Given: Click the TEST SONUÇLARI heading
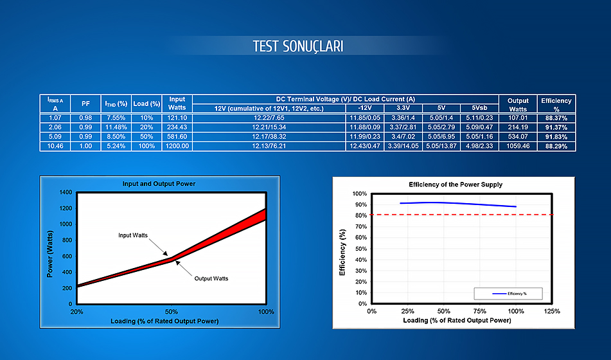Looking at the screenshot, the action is [298, 46].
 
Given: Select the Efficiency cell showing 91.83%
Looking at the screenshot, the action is [556, 136].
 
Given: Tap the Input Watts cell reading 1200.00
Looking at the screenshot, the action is [177, 146].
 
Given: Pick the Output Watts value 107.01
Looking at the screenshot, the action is [517, 118].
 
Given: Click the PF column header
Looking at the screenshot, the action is [85, 104].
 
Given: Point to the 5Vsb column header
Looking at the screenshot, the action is [479, 108].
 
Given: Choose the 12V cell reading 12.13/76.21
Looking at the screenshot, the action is [269, 146].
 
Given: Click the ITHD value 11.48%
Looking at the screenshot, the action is [116, 127].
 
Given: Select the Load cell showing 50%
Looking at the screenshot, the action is [146, 136].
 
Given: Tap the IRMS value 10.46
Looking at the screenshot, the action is [55, 146].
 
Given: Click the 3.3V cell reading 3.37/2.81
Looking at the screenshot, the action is [403, 127].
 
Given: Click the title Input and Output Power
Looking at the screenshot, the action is [159, 184].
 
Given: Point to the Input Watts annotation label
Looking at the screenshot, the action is [133, 235].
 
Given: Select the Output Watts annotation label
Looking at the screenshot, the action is [211, 278].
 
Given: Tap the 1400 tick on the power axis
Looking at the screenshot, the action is [66, 192].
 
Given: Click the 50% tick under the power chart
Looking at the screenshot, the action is [172, 312].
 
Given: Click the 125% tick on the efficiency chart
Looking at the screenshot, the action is [552, 311].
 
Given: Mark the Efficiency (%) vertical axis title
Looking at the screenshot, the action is [342, 253].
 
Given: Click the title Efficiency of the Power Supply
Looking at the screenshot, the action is [456, 184].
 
